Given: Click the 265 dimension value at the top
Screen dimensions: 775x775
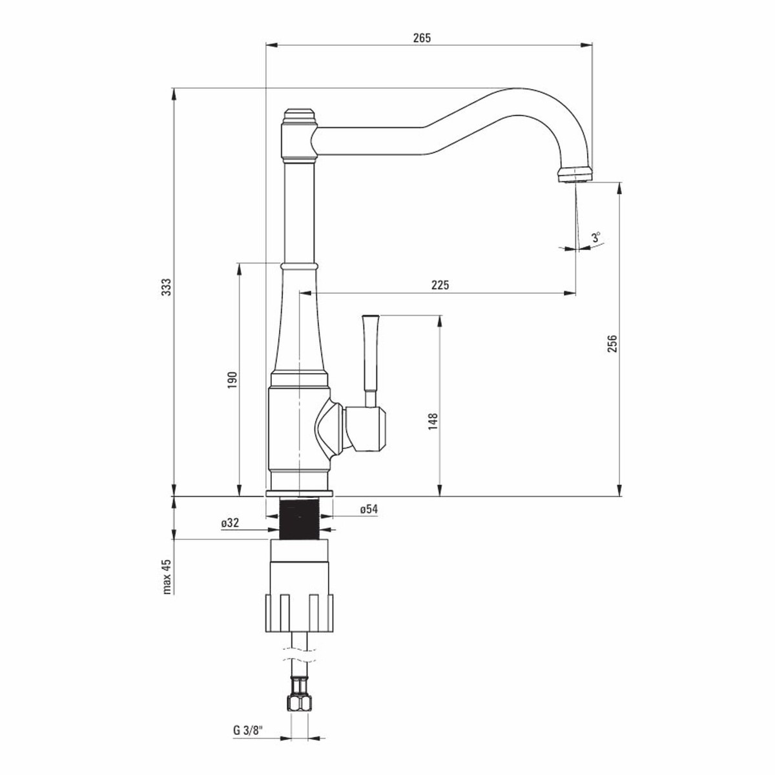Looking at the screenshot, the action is (x=422, y=38).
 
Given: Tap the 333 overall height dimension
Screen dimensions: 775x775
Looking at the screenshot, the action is (x=167, y=287).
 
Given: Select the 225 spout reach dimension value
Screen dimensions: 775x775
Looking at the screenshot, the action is (x=440, y=285).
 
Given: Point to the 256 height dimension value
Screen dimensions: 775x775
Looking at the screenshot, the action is (x=612, y=344).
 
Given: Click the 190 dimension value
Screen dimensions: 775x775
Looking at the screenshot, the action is (x=232, y=380).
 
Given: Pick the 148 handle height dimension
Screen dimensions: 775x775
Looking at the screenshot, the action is (x=433, y=422).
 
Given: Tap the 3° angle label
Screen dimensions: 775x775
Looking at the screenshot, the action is (x=596, y=237).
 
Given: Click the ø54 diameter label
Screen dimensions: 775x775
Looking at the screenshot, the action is (x=369, y=509).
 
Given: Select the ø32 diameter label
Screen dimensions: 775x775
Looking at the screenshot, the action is (x=230, y=523).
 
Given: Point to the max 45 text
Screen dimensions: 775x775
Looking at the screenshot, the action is (x=167, y=577).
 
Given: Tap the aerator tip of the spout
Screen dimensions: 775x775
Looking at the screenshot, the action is (x=575, y=176).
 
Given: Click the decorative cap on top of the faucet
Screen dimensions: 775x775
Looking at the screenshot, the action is (x=299, y=117).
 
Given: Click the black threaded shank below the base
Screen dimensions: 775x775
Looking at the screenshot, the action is (x=299, y=518).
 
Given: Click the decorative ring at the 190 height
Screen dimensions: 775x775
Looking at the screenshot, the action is (x=299, y=266).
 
